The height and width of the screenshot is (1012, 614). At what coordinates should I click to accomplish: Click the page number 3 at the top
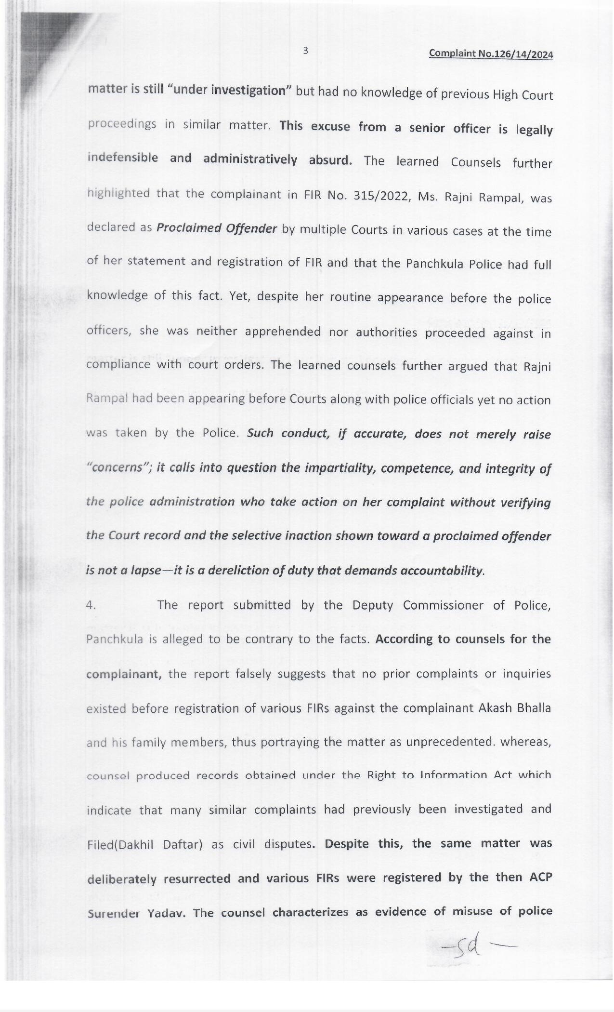click(305, 51)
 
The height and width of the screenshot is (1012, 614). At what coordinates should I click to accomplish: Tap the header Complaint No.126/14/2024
click(491, 54)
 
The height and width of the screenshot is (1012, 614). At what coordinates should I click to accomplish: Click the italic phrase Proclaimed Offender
click(217, 228)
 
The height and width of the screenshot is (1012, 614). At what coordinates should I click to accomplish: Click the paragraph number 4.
click(91, 605)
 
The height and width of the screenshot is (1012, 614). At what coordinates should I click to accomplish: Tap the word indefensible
click(122, 158)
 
